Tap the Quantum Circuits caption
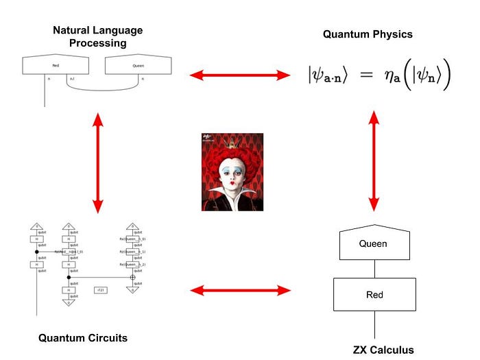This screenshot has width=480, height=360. coord(82,337)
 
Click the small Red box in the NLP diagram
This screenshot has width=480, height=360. coord(56,67)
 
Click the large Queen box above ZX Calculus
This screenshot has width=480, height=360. coord(373,243)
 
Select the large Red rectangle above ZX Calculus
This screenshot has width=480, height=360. coord(374,295)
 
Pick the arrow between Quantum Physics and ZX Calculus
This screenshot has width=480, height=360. coord(374,161)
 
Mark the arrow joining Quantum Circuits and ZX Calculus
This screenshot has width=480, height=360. coord(240,291)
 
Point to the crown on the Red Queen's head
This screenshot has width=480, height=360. coord(232,145)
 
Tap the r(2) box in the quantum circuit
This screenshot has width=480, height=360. coord(101,290)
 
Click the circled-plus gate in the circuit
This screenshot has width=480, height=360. coord(133,277)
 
